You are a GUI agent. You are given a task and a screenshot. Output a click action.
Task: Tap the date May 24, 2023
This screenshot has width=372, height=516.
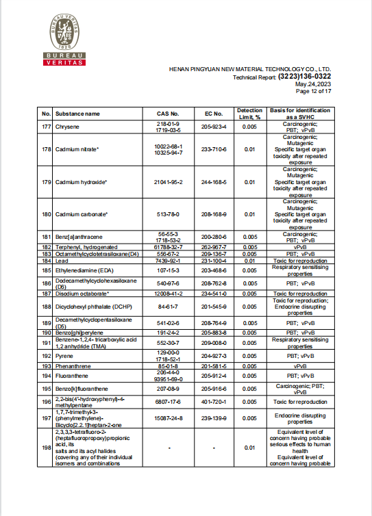click(314, 84)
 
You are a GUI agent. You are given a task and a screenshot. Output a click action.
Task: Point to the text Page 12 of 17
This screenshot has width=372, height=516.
click(314, 91)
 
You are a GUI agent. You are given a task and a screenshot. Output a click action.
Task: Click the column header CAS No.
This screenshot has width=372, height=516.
click(168, 114)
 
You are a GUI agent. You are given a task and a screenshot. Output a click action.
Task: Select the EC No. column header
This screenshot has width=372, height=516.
click(214, 114)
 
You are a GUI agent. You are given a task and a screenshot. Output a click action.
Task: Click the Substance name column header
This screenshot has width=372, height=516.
click(77, 114)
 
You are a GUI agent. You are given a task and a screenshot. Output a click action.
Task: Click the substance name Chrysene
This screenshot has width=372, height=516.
click(67, 127)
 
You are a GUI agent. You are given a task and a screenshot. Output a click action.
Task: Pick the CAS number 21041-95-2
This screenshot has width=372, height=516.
click(168, 182)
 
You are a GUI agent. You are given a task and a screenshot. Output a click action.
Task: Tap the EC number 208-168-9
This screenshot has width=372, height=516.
click(214, 214)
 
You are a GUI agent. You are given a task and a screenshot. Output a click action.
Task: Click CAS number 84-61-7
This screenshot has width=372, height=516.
click(168, 307)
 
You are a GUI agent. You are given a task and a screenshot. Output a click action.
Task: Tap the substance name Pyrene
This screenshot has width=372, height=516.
click(64, 356)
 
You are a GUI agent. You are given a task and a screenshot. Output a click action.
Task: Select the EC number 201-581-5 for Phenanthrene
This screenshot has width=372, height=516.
click(214, 366)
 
